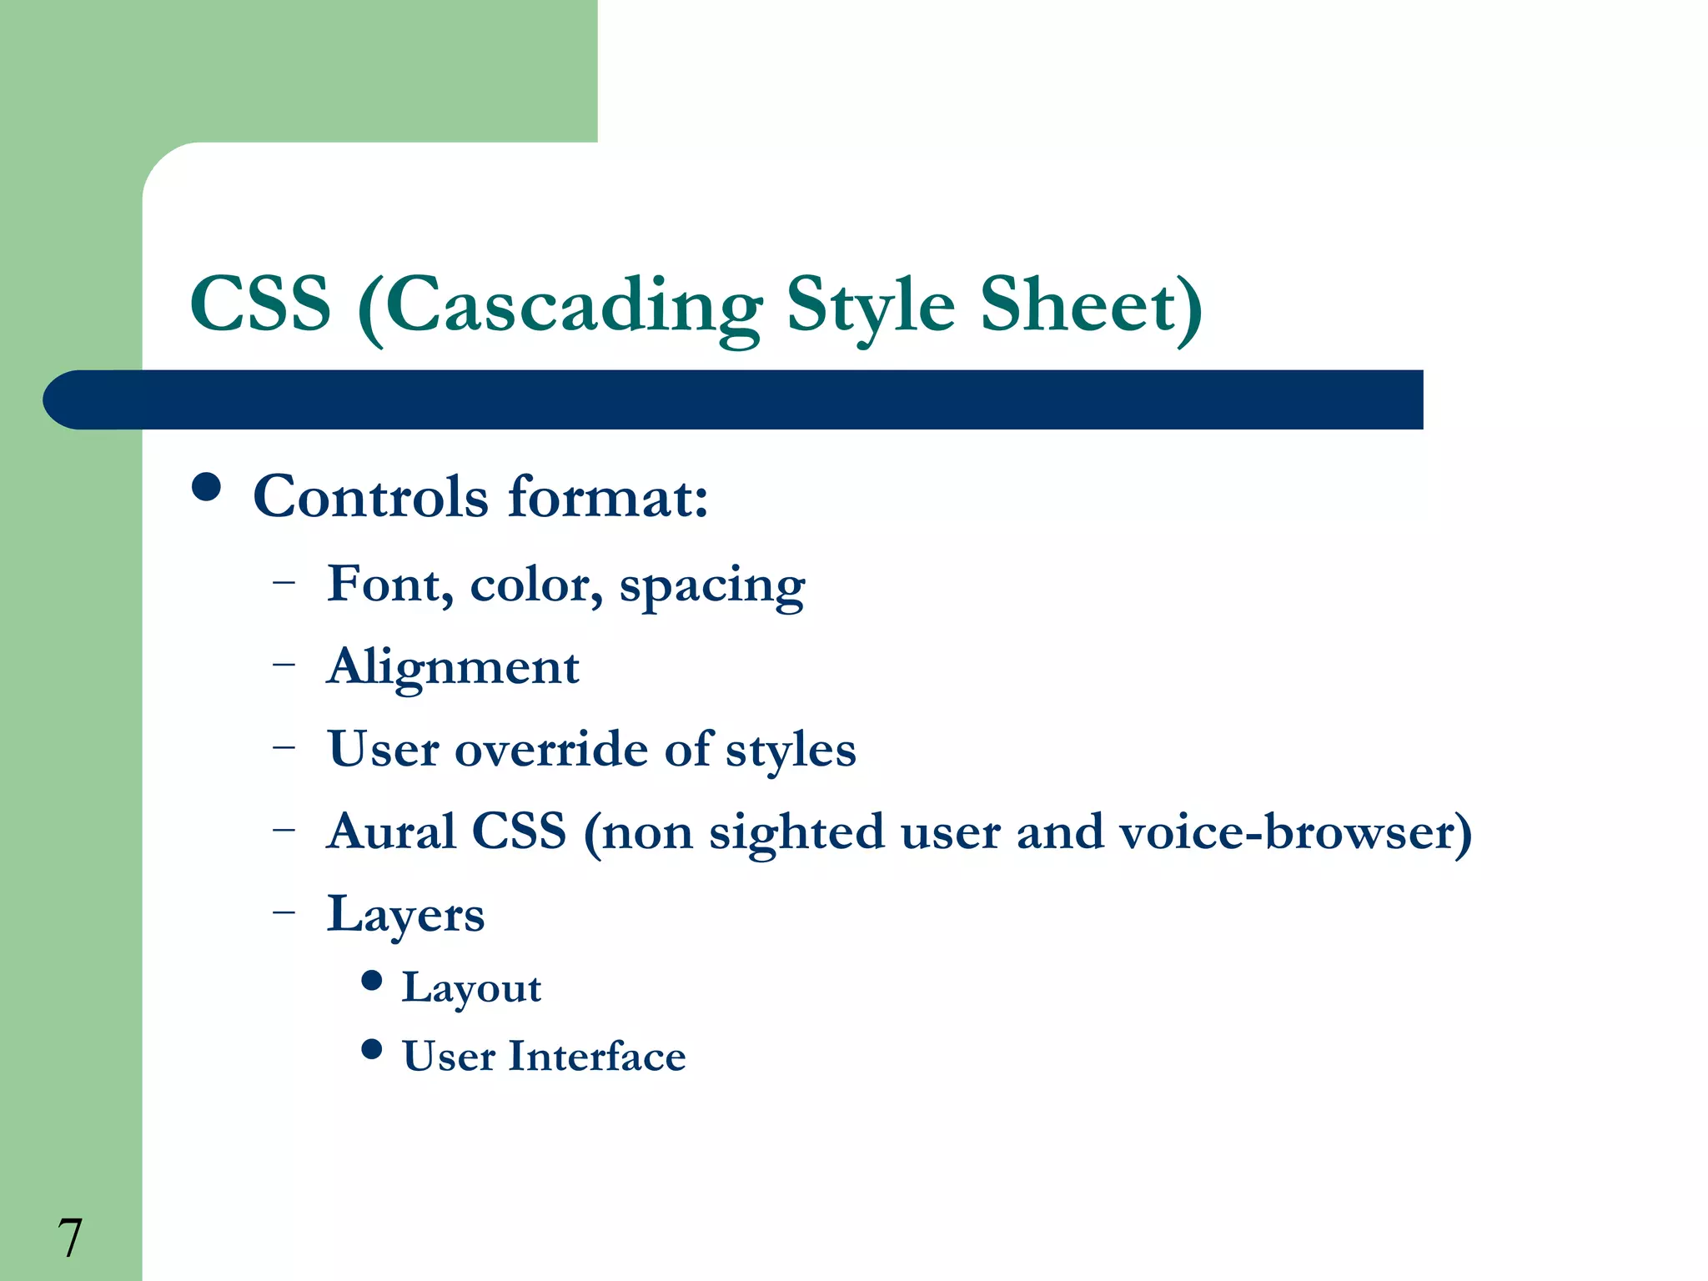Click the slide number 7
click(70, 1238)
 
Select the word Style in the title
click(870, 307)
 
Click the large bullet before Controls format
click(206, 487)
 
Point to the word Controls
click(370, 497)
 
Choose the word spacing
click(712, 587)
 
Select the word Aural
click(391, 831)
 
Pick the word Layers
click(405, 916)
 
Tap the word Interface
click(597, 1056)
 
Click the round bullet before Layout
click(372, 981)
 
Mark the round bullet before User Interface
click(372, 1049)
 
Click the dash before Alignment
click(284, 665)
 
